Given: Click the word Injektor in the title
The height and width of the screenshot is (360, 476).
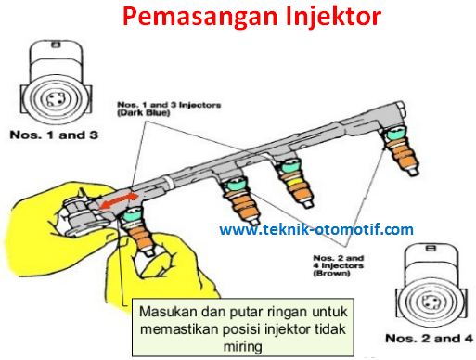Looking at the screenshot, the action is (311, 18).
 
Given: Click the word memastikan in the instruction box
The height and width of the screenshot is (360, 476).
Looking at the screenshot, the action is (183, 328).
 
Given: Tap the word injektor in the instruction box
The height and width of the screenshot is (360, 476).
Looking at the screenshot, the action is (296, 328).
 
